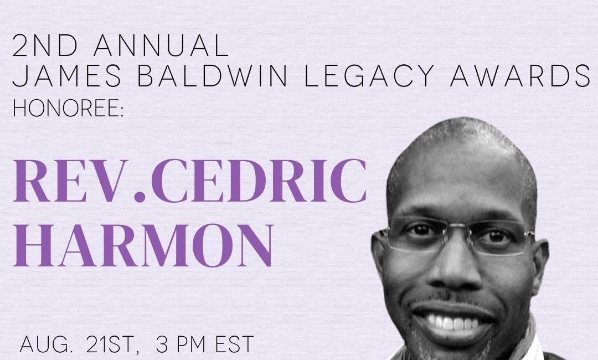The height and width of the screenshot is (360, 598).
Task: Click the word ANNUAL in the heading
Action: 161,45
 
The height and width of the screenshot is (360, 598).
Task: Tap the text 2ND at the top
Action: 45,45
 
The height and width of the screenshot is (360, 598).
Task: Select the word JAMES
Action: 67,75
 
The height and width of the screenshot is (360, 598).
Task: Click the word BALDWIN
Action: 212,75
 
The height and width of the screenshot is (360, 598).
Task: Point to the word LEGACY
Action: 369,75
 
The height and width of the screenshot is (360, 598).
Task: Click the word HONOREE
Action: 65,109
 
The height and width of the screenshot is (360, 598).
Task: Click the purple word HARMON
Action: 143,245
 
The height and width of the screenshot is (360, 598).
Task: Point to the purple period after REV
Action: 140,197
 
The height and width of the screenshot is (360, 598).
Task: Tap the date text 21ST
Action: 109,344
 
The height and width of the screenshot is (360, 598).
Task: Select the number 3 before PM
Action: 162,344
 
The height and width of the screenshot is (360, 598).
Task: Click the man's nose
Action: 454,269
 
